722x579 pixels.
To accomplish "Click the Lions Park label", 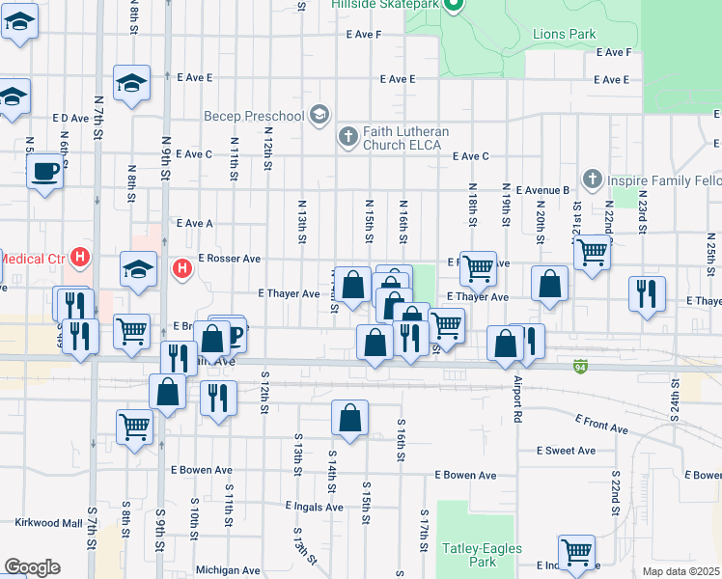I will point(565,34).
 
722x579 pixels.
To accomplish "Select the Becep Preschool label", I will point(254,117).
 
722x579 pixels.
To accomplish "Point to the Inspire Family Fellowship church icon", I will point(593,179).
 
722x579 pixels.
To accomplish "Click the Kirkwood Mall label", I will point(48,523).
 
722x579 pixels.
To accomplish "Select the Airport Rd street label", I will point(518,396).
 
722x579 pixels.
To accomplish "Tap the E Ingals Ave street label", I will point(315,507).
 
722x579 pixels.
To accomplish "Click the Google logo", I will point(32,567).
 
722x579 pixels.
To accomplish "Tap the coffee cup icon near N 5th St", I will point(45,173).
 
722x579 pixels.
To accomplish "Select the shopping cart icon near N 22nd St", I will point(591,253).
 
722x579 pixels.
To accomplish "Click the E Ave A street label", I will point(194,223).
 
